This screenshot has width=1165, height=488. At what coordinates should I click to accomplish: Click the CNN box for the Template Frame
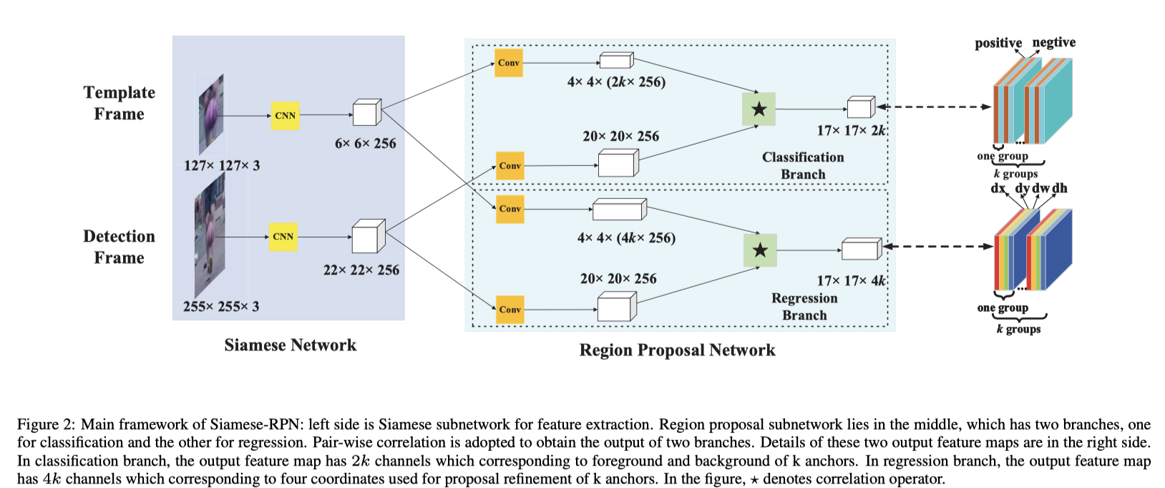pos(285,115)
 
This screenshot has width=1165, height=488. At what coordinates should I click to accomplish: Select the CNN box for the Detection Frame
pos(283,237)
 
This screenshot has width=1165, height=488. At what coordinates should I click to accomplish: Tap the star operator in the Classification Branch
pos(759,109)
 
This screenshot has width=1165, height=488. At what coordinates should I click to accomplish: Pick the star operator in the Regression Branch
pos(759,250)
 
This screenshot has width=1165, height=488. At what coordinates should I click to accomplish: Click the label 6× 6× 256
pos(365,144)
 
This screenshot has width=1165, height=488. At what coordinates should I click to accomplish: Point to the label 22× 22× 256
pos(361,270)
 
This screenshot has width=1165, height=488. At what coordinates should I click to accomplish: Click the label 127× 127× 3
pos(221,166)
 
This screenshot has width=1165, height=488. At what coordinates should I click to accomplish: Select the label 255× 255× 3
pos(220,307)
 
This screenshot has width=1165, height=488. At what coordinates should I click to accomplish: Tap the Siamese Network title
pos(290,346)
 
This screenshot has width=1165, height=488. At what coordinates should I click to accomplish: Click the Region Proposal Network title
pos(677,351)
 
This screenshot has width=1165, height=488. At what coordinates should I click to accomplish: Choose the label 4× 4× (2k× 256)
pos(616,82)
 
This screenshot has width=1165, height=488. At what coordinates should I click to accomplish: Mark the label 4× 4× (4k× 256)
pos(626,238)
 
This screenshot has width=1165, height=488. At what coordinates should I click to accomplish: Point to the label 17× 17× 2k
pos(851,131)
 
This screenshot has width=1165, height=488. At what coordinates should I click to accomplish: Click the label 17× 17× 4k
pos(851,281)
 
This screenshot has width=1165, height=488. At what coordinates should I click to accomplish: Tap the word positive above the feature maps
pos(998,43)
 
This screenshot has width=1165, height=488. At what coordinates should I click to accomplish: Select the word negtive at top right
pos(1053,42)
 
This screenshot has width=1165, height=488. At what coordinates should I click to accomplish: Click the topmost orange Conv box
pos(509,63)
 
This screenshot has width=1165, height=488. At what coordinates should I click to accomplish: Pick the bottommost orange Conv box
pos(510,310)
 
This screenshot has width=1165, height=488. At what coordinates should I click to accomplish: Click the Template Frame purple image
pos(211,114)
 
